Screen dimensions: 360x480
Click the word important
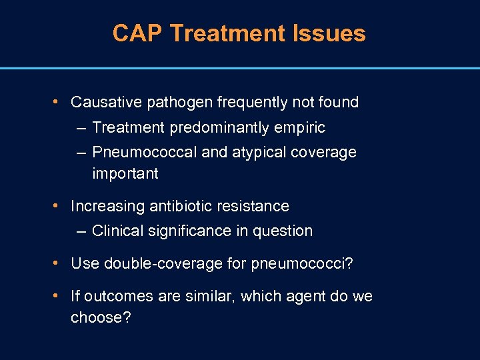pyautogui.click(x=125, y=173)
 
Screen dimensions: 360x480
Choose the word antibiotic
pyautogui.click(x=180, y=206)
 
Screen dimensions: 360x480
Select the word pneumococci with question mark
pyautogui.click(x=302, y=263)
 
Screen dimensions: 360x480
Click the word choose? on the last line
pyautogui.click(x=101, y=317)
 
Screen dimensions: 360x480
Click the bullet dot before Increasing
pyautogui.click(x=57, y=205)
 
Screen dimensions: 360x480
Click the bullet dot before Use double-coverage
pyautogui.click(x=57, y=263)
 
